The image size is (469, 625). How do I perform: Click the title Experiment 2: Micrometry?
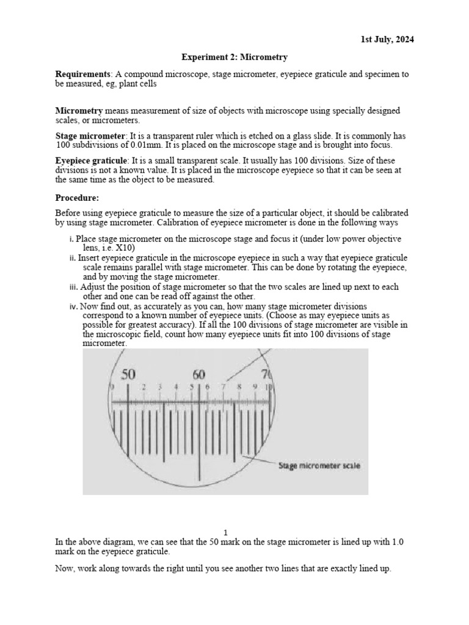(x=234, y=57)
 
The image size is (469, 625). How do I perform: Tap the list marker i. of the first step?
(x=71, y=239)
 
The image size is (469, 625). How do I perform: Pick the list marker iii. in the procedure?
(x=73, y=286)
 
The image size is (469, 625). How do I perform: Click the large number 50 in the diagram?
(x=128, y=375)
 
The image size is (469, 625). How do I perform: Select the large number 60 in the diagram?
(x=199, y=375)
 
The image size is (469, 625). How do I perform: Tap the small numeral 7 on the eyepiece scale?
(x=224, y=386)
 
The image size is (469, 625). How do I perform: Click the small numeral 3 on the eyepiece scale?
(x=160, y=386)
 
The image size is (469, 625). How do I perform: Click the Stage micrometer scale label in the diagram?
(x=319, y=466)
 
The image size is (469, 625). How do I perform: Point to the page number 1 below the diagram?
(x=225, y=532)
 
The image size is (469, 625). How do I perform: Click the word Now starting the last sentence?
(x=65, y=568)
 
